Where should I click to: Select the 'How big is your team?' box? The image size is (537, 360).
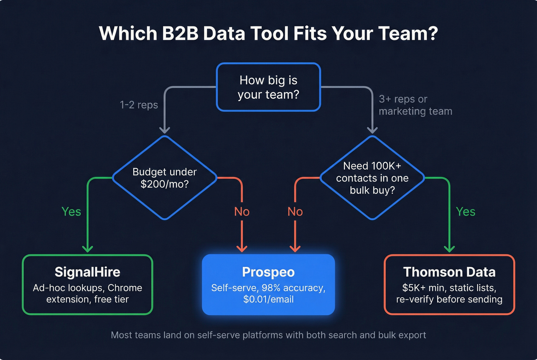click(x=268, y=87)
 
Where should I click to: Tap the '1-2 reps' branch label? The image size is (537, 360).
click(x=139, y=105)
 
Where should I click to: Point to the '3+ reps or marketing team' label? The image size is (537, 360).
click(x=415, y=105)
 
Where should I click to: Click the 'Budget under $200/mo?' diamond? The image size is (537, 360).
click(x=165, y=178)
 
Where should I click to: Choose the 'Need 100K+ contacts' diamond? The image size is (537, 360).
click(x=372, y=178)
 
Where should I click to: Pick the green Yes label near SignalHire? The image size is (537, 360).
click(x=71, y=212)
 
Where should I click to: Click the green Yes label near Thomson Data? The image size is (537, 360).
click(x=466, y=212)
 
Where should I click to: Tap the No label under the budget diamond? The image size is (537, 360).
click(x=242, y=212)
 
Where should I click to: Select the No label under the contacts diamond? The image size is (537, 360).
click(x=295, y=212)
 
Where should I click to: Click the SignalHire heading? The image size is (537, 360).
click(x=87, y=272)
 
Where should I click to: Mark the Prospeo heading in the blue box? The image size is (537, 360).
click(x=268, y=272)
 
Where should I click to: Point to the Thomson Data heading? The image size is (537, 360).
click(x=449, y=272)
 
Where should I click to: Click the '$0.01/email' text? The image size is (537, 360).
click(x=268, y=299)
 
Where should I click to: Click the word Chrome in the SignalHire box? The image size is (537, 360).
click(x=125, y=288)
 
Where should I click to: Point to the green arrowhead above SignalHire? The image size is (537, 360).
click(x=88, y=248)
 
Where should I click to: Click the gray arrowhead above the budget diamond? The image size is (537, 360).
click(x=165, y=130)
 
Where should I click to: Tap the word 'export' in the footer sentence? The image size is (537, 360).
click(x=412, y=335)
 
